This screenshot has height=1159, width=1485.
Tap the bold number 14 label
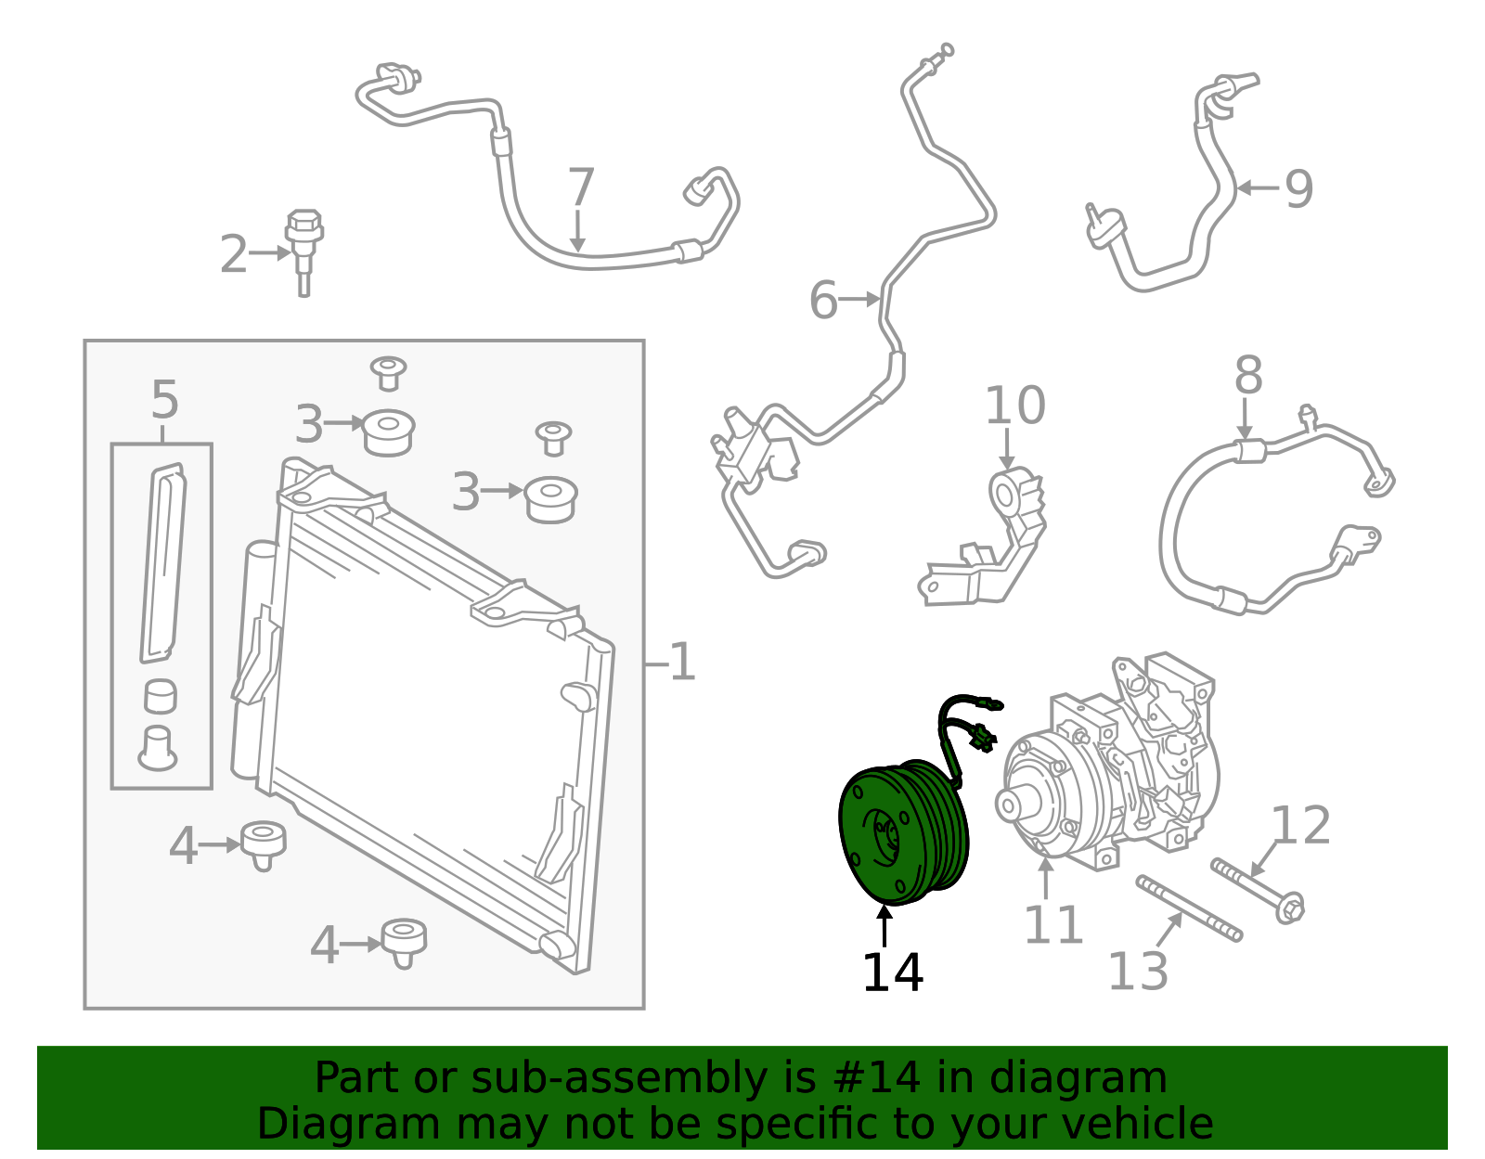893,972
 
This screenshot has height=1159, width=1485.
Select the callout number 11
1053,925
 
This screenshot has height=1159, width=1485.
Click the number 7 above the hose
581,187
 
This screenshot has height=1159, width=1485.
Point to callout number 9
1299,189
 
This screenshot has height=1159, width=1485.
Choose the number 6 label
823,300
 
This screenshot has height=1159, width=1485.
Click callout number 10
1014,406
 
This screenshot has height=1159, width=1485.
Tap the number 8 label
1248,375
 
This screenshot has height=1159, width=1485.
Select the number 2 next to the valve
233,254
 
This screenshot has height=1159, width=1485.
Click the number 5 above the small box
164,400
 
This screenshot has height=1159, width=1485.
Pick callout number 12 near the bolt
1300,825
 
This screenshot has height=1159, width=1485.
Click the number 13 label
1138,971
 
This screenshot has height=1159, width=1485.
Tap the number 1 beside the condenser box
682,662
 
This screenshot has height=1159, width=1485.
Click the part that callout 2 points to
304,252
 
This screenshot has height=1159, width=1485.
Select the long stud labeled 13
1189,908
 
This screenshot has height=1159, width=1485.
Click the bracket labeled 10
983,536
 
